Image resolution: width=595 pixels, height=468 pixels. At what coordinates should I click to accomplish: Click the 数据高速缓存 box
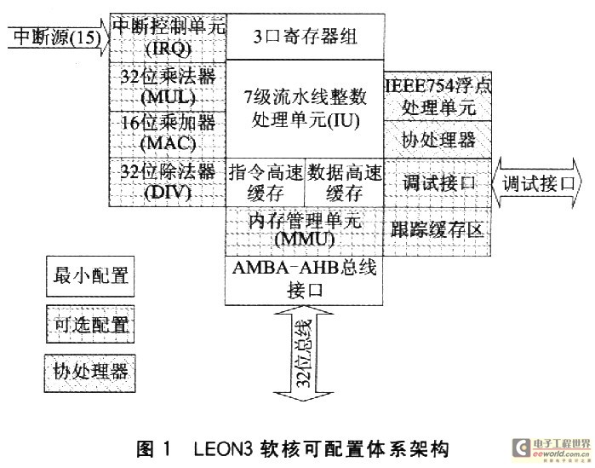(343, 181)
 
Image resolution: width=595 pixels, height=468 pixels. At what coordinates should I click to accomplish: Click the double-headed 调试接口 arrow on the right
(538, 182)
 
